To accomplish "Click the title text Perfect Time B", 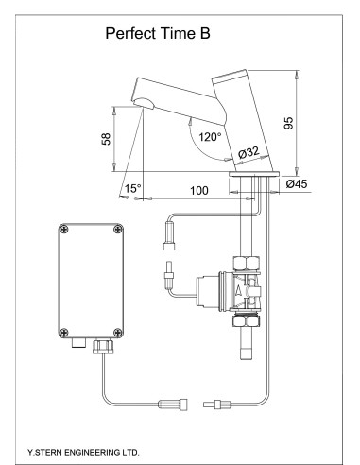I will pyautogui.click(x=157, y=35).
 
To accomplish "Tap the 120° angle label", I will pyautogui.click(x=210, y=136).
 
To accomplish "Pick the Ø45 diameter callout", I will pyautogui.click(x=300, y=184).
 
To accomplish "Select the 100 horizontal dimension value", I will pyautogui.click(x=198, y=191).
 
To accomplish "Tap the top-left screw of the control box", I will pyautogui.click(x=63, y=228).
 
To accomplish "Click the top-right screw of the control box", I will pyautogui.click(x=117, y=228).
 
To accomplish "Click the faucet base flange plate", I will pyautogui.click(x=253, y=176).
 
